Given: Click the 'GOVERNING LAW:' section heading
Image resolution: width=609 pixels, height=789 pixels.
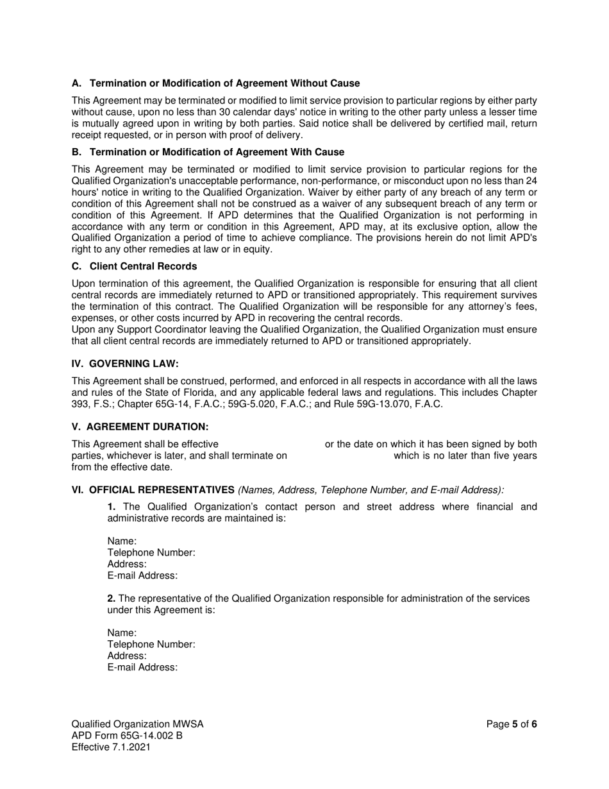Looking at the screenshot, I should (125, 364).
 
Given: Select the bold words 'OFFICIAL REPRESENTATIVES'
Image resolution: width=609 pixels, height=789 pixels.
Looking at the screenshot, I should (162, 490).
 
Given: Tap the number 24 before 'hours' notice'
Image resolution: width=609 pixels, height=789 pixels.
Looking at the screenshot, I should (531, 181).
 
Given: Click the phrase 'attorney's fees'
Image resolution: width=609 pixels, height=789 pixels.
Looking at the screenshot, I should (503, 307).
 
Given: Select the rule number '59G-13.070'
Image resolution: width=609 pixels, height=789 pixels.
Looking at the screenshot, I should (392, 404).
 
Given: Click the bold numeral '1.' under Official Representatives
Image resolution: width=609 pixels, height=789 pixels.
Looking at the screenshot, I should (112, 507).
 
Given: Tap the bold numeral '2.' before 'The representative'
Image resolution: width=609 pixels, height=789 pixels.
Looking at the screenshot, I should (112, 598).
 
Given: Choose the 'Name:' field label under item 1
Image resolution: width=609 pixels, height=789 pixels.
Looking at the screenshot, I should (122, 541).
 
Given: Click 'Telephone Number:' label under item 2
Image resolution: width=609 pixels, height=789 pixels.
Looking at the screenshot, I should (151, 645).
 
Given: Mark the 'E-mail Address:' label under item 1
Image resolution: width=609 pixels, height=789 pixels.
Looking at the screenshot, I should (142, 576).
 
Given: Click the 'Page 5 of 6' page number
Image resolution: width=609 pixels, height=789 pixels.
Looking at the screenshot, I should (511, 724).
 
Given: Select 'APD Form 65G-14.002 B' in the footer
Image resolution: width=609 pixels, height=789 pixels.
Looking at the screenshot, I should (127, 736).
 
